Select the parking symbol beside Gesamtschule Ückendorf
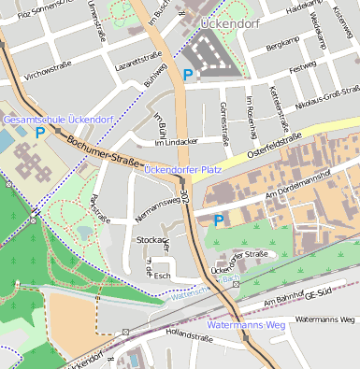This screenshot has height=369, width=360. [39, 134]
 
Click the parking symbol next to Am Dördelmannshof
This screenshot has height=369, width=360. [219, 220]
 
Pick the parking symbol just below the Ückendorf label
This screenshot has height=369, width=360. [188, 74]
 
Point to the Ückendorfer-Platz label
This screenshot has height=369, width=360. [183, 169]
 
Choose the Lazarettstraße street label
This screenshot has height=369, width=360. [111, 63]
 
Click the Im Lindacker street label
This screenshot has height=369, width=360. [177, 142]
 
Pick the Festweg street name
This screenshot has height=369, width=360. [303, 68]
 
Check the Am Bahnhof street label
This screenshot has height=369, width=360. [285, 301]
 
